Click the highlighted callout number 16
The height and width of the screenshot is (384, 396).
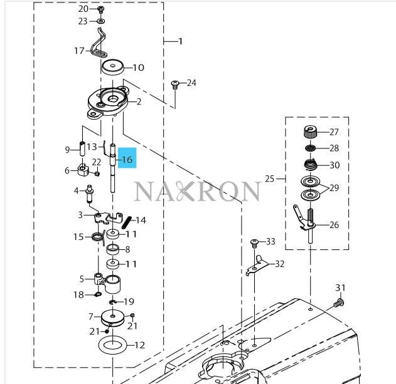tap(127, 160)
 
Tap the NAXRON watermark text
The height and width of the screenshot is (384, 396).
tap(196, 191)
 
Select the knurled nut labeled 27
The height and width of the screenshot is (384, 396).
tap(309, 132)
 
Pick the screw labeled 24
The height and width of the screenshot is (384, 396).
tap(176, 84)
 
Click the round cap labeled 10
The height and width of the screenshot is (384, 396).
tap(115, 67)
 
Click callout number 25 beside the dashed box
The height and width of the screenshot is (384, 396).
tap(270, 179)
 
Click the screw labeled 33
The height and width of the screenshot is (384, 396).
tap(254, 242)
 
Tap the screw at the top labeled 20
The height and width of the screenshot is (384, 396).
tap(101, 10)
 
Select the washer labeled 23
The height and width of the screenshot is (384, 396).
tap(101, 21)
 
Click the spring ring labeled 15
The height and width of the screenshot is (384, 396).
tap(97, 237)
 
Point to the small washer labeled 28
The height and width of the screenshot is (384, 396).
tap(309, 148)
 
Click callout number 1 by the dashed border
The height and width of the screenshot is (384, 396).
tap(179, 42)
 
